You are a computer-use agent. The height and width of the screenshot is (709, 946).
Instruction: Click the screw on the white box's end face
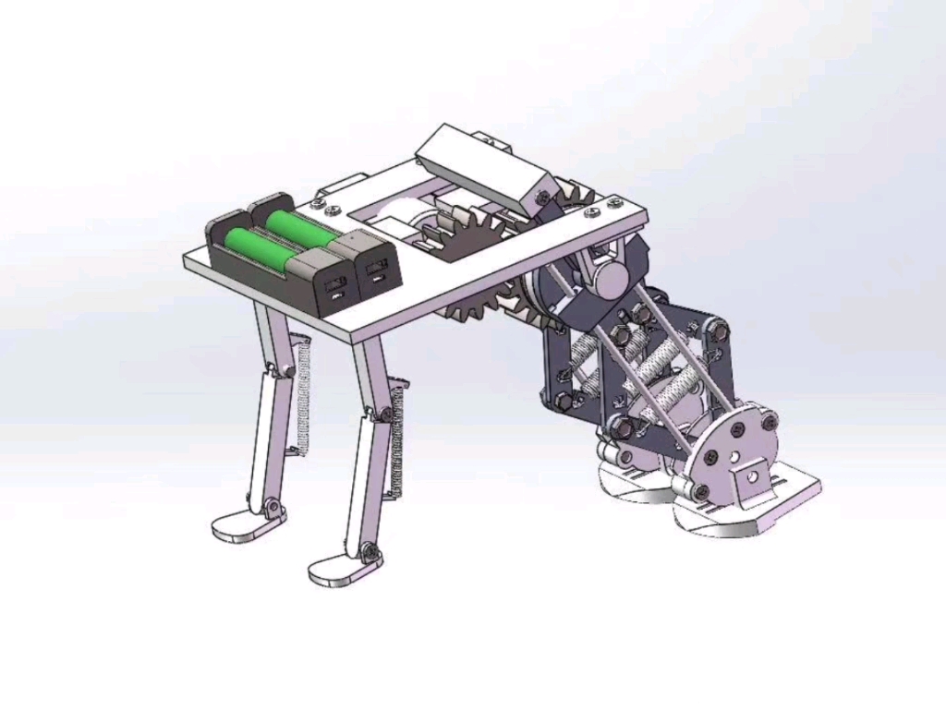pos(542,197)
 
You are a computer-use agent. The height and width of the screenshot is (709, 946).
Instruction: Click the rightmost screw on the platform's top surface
pos(611,201)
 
